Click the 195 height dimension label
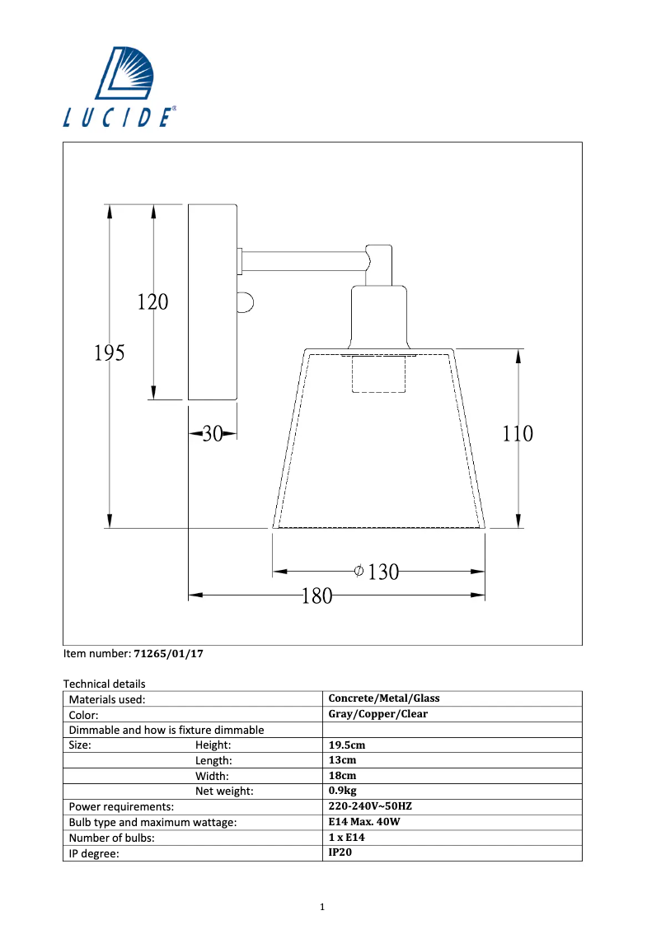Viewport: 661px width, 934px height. [109, 353]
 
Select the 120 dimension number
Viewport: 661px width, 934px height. [152, 302]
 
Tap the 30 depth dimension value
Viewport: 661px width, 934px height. [213, 434]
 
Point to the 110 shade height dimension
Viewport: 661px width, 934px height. [518, 433]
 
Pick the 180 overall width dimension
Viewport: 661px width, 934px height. [316, 595]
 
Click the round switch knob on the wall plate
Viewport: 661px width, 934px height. [245, 302]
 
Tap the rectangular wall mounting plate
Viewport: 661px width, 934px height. [213, 302]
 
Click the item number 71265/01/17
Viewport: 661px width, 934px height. [168, 654]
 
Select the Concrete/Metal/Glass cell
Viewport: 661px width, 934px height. [384, 698]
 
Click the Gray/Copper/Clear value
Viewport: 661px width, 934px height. [378, 714]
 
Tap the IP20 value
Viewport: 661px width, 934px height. [340, 853]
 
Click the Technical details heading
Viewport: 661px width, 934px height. [104, 684]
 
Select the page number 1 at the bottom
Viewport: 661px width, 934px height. [322, 908]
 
